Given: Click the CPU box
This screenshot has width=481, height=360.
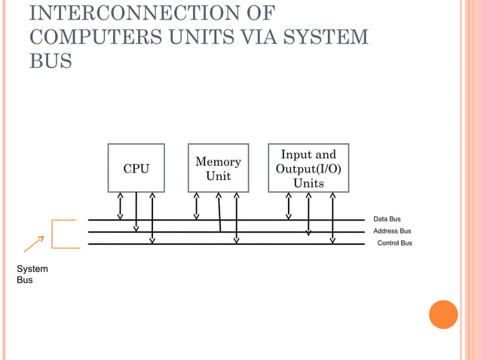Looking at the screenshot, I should [136, 168].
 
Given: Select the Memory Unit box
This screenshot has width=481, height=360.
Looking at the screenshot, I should [218, 168].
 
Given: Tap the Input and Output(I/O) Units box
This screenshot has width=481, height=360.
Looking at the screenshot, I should [308, 168].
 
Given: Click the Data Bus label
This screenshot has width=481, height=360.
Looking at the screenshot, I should [388, 219].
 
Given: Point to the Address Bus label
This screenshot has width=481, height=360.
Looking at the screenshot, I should [392, 231].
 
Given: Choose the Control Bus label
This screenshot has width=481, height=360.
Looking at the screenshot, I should [394, 243].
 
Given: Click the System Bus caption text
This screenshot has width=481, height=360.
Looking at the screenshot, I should [32, 274].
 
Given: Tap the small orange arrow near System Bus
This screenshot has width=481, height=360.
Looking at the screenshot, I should [34, 243].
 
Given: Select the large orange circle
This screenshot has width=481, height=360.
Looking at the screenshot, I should [443, 314].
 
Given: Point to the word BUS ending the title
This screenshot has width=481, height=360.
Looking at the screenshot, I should [51, 61].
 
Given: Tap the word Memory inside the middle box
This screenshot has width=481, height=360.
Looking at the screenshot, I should [218, 162].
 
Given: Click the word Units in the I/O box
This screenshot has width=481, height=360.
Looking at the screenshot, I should [308, 183].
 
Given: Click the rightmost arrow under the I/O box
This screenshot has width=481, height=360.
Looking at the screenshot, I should [332, 218].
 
